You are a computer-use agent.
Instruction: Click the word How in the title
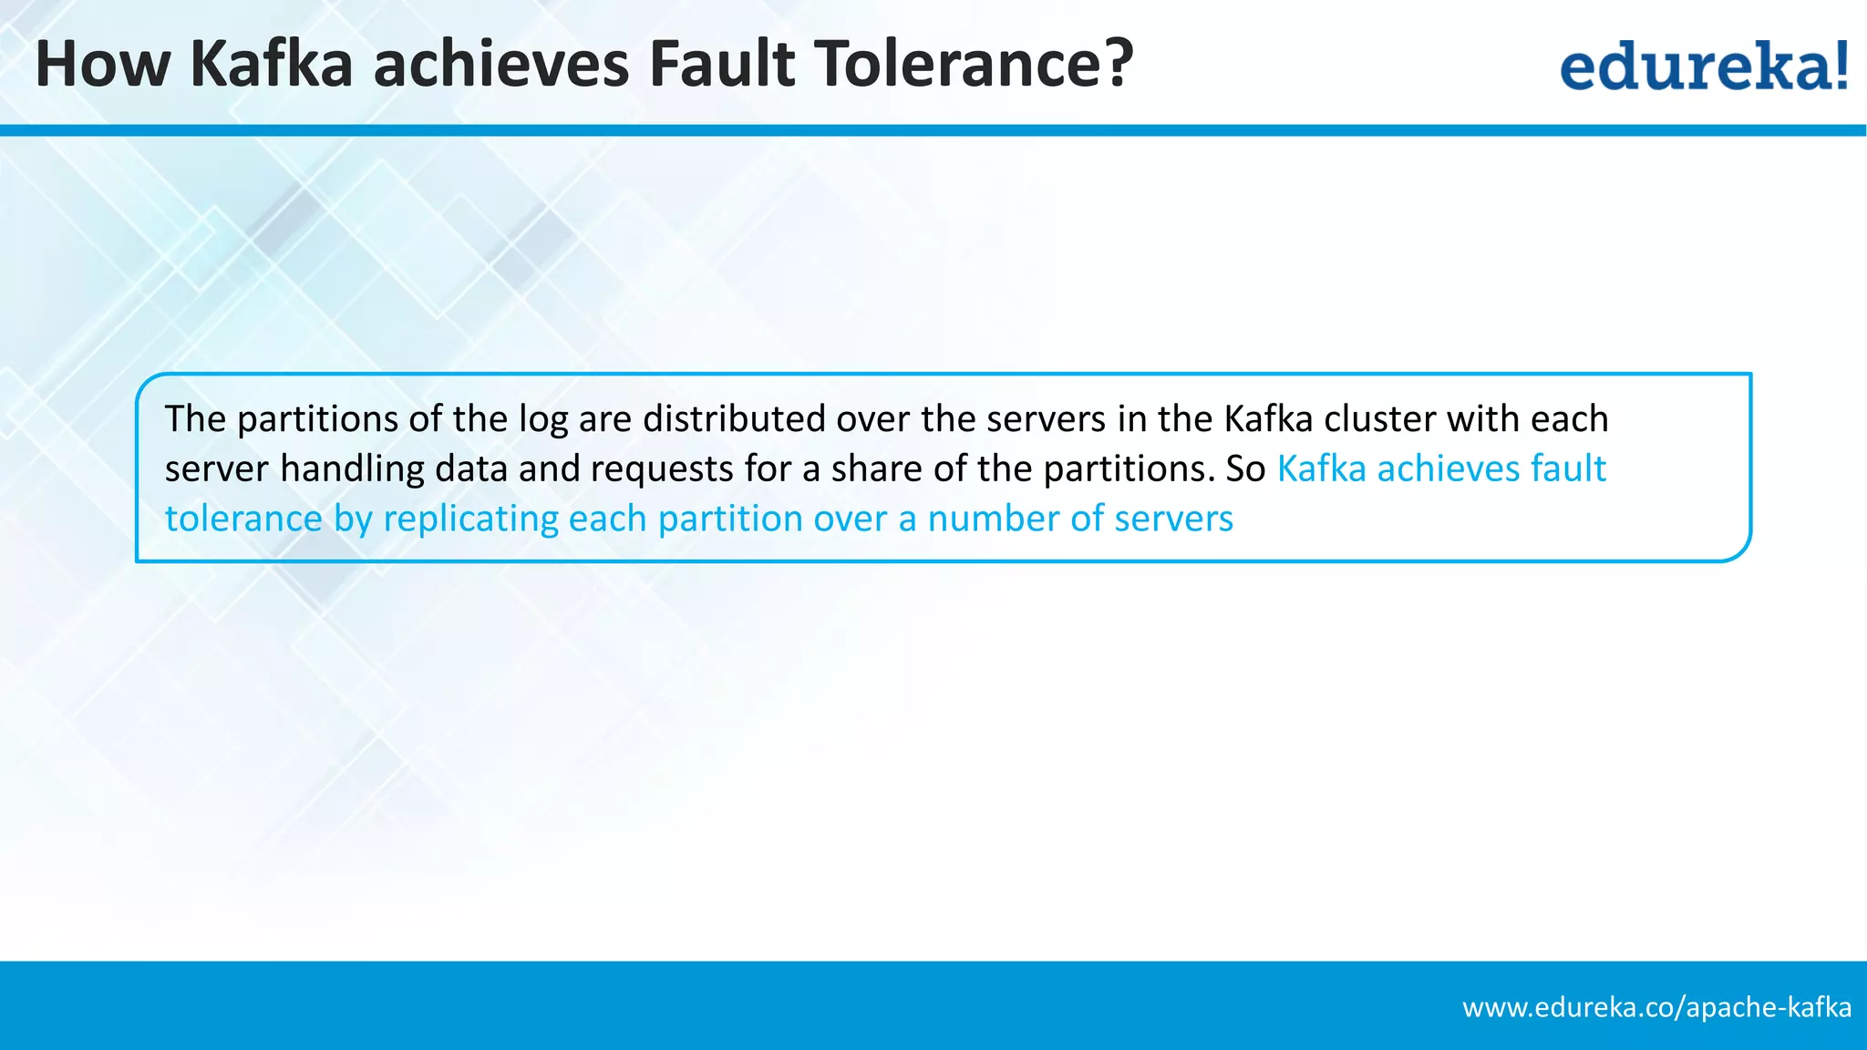pyautogui.click(x=103, y=64)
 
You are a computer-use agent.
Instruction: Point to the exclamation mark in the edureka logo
pyautogui.click(x=1841, y=66)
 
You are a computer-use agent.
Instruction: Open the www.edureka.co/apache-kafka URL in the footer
pyautogui.click(x=1657, y=1007)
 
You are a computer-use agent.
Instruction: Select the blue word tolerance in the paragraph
pyautogui.click(x=243, y=519)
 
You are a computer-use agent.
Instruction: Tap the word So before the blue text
pyautogui.click(x=1245, y=468)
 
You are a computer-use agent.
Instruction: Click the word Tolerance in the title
pyautogui.click(x=972, y=64)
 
